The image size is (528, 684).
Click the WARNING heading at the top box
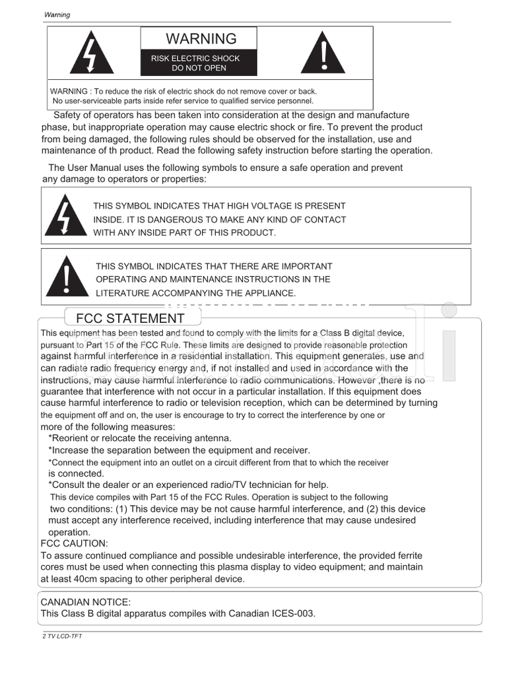click(x=201, y=39)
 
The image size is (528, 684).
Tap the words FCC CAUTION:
click(x=74, y=543)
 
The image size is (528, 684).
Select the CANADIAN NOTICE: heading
click(x=86, y=602)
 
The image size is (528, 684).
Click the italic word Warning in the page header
click(x=57, y=15)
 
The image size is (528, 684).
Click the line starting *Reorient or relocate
click(x=140, y=438)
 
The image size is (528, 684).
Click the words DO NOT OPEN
click(x=199, y=68)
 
